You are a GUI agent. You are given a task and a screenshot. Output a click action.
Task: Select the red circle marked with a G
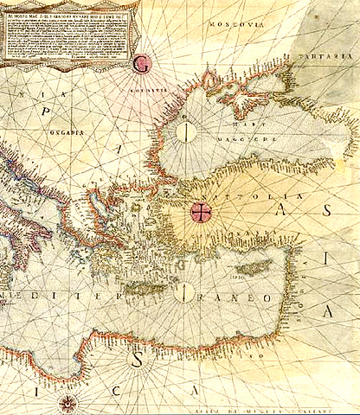[x=145, y=62]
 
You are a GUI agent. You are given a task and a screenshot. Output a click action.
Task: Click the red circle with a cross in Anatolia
[x=201, y=213]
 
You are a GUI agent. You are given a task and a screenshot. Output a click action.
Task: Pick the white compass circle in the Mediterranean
[x=183, y=293]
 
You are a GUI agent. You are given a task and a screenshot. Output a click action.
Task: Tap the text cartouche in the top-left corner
[x=65, y=32]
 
